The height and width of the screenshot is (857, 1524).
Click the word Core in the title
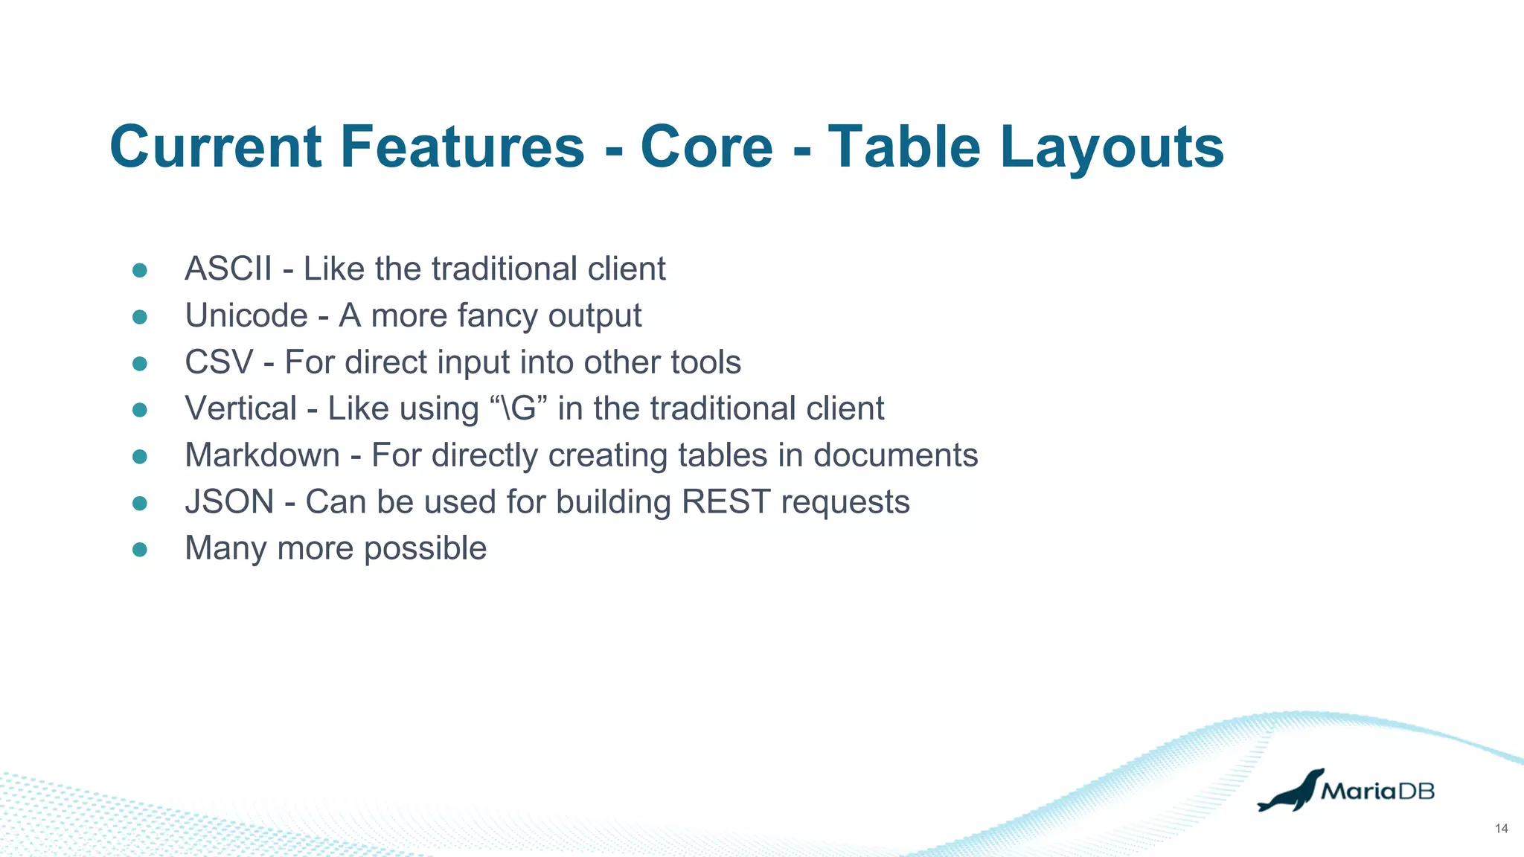[706, 147]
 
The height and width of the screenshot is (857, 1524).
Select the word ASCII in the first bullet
[228, 269]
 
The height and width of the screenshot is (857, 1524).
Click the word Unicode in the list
[246, 315]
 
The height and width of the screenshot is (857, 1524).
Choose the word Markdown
[262, 455]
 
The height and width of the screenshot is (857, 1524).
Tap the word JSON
[229, 501]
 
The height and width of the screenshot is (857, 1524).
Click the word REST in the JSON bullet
[725, 501]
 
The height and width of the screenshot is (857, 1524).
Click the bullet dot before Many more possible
[140, 549]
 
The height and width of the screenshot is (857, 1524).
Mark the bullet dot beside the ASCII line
[140, 270]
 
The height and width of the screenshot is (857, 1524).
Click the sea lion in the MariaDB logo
[1290, 792]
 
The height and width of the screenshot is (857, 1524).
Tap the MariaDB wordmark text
[1377, 791]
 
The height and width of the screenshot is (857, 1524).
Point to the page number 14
[1501, 829]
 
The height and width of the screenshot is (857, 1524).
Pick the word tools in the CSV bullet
[705, 362]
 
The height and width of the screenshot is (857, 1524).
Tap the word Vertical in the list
[240, 408]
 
